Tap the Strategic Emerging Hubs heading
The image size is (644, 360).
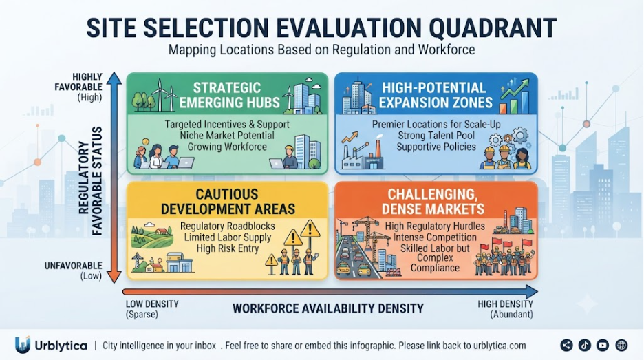click(x=228, y=95)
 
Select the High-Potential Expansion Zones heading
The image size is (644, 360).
click(x=436, y=95)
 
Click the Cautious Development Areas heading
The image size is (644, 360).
click(x=228, y=202)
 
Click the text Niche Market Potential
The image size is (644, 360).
click(x=227, y=136)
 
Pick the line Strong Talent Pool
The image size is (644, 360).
click(x=436, y=136)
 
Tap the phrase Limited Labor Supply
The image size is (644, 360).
click(x=228, y=237)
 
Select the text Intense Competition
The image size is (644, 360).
click(x=435, y=237)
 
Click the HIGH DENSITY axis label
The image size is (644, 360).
click(x=505, y=304)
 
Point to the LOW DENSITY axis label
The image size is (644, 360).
click(x=152, y=304)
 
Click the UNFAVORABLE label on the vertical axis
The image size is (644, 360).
click(x=73, y=266)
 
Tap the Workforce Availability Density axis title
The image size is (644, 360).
click(x=328, y=308)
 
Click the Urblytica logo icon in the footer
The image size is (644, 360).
click(x=23, y=345)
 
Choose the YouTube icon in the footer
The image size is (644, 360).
click(x=603, y=346)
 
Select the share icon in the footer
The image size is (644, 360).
click(x=567, y=346)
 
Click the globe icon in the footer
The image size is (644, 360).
click(x=621, y=346)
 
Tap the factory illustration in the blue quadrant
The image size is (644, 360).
click(x=363, y=153)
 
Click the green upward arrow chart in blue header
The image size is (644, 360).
click(x=515, y=96)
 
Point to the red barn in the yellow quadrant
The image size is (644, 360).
click(x=162, y=233)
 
